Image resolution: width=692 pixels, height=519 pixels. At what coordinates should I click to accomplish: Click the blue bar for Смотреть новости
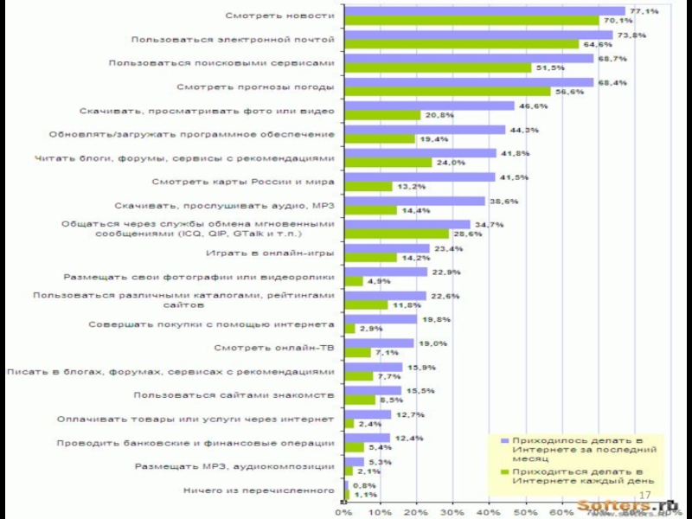coord(484,11)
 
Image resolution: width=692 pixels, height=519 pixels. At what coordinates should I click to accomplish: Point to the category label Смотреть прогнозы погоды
coord(255,87)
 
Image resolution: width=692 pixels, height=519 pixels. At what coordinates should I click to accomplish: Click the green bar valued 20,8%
coord(382,115)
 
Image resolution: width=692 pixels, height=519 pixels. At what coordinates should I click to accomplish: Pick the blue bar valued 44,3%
coord(425,130)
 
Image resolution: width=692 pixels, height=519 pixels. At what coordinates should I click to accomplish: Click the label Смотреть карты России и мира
coord(243,182)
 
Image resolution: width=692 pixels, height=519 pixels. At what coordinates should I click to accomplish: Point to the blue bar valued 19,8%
coord(381,319)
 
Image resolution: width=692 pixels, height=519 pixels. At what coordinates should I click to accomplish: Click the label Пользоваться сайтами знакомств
coord(234,395)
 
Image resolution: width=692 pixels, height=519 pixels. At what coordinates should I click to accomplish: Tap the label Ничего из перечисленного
coord(259,490)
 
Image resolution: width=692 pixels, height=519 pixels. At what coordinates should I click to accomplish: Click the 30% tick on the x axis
coord(452,511)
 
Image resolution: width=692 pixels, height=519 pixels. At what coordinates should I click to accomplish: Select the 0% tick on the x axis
coord(343,511)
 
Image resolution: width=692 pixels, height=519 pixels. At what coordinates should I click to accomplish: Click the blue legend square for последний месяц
coord(504,439)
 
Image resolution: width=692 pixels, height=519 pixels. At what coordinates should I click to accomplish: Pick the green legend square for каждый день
coord(504,471)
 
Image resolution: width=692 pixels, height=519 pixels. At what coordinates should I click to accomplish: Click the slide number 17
coord(644,494)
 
